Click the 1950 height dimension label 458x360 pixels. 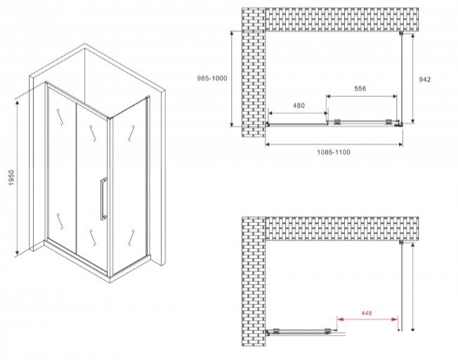click(x=11, y=178)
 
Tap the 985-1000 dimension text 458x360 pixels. click(x=211, y=78)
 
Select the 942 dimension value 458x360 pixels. click(x=425, y=79)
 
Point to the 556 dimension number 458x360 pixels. click(x=360, y=89)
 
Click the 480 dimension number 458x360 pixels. click(x=299, y=105)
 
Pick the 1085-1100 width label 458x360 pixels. click(x=334, y=152)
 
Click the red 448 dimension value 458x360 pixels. click(x=367, y=313)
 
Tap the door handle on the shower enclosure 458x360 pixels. click(x=103, y=198)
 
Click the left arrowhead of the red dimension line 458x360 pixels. click(x=339, y=319)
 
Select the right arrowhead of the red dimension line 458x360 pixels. click(x=395, y=319)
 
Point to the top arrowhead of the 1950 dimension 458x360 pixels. click(x=18, y=102)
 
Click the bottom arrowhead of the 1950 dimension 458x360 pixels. click(x=18, y=252)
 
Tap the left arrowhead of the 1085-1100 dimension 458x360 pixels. click(x=268, y=144)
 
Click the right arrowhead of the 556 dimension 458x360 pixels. click(x=395, y=96)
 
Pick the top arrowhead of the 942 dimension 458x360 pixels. click(x=412, y=37)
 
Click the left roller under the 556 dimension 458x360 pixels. click(x=338, y=122)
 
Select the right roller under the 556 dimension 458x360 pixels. click(x=388, y=122)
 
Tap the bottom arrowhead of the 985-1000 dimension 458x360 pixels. click(x=232, y=124)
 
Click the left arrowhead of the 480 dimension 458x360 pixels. click(x=270, y=113)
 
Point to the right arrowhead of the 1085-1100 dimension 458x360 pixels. click(x=400, y=144)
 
